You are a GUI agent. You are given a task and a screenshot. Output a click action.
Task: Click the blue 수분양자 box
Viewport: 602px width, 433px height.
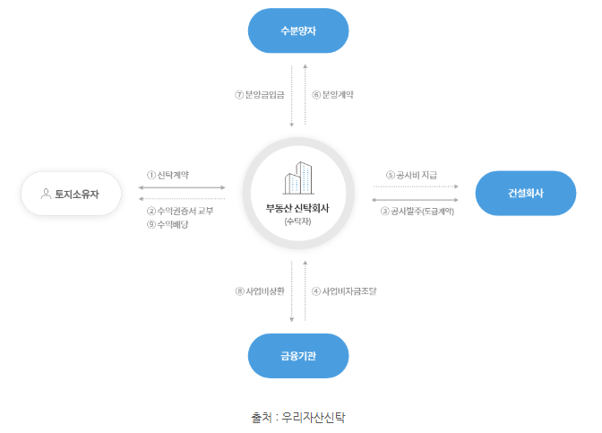pyautogui.click(x=298, y=30)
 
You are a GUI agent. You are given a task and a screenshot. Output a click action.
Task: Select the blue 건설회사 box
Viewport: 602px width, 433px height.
pyautogui.click(x=525, y=193)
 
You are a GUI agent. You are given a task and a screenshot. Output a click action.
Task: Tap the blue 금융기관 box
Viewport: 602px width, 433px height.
pyautogui.click(x=298, y=356)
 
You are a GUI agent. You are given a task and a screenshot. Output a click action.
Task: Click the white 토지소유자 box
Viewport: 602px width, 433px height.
pyautogui.click(x=71, y=194)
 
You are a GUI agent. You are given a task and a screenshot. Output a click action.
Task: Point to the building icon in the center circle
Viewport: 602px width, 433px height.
pyautogui.click(x=297, y=178)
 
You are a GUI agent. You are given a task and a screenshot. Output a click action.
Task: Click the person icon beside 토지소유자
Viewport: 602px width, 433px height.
pyautogui.click(x=46, y=194)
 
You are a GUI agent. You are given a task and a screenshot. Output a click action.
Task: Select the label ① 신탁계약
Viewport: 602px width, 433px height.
pyautogui.click(x=168, y=175)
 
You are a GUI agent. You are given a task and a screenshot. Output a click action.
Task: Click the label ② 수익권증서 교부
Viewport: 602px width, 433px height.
pyautogui.click(x=180, y=211)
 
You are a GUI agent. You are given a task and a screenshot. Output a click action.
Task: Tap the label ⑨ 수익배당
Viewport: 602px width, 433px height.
pyautogui.click(x=168, y=225)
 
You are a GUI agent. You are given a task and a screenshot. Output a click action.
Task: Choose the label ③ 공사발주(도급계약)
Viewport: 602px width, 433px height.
pyautogui.click(x=417, y=212)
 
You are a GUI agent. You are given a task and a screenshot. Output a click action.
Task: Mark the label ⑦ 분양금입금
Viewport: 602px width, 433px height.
pyautogui.click(x=258, y=94)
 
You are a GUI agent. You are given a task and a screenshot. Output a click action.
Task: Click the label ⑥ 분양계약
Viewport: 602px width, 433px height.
pyautogui.click(x=338, y=94)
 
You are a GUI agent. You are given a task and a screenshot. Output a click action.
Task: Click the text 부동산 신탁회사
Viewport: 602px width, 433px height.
pyautogui.click(x=297, y=207)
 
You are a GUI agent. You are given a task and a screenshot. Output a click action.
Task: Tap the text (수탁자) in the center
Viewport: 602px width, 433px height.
pyautogui.click(x=297, y=221)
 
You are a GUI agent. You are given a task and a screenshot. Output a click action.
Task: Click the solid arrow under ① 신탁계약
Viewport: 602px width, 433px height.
pyautogui.click(x=182, y=188)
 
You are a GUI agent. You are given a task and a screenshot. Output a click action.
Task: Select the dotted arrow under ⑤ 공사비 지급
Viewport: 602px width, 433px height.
pyautogui.click(x=416, y=187)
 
